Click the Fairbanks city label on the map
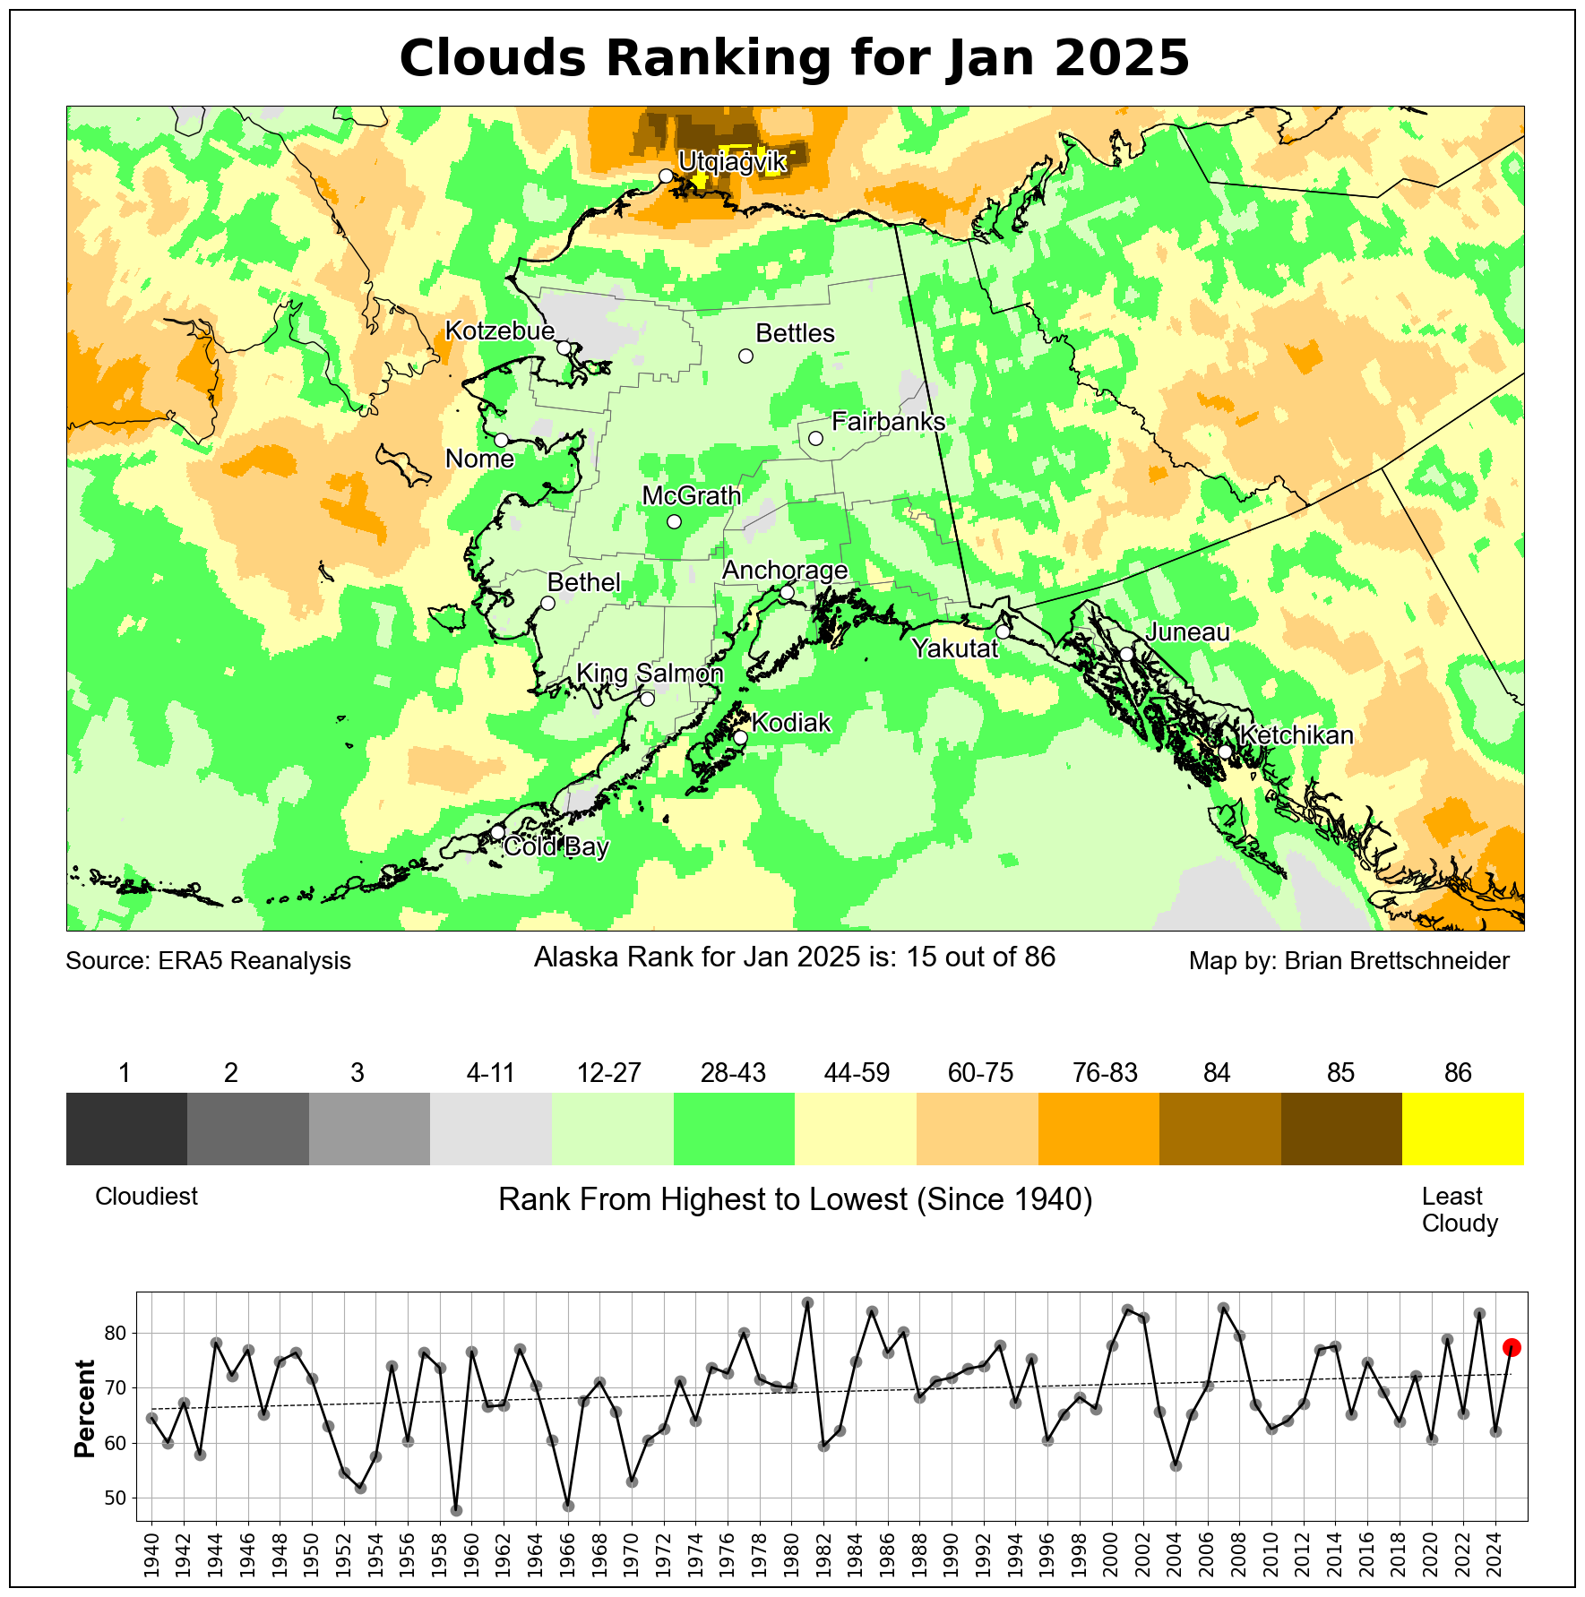coord(888,422)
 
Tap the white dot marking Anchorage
coord(787,592)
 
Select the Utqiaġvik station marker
coord(666,176)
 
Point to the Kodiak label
coord(791,723)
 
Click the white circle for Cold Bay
coord(498,832)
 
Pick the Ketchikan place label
coord(1296,735)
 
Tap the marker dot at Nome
coord(502,440)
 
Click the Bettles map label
coord(795,333)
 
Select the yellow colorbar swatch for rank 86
coord(1462,1129)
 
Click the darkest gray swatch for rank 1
coord(126,1129)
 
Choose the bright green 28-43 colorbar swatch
coord(734,1129)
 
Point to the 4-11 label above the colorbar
coord(491,1073)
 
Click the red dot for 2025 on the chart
coord(1512,1347)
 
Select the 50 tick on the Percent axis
coord(116,1498)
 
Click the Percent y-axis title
coord(85,1409)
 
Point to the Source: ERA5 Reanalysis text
coord(209,961)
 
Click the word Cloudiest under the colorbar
coord(146,1197)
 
